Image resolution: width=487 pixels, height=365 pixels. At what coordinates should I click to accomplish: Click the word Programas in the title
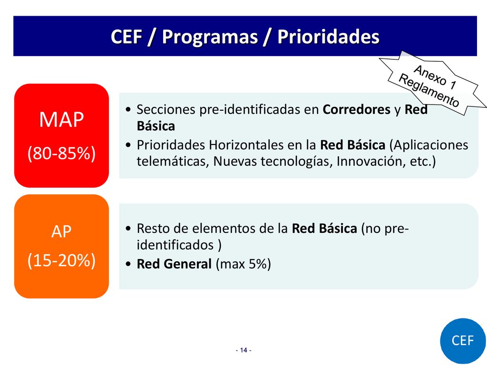pyautogui.click(x=210, y=37)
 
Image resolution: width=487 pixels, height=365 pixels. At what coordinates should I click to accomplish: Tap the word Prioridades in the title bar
pyautogui.click(x=328, y=36)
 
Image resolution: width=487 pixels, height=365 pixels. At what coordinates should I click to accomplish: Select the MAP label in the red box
pyautogui.click(x=61, y=119)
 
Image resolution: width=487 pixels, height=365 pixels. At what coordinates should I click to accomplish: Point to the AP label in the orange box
pyautogui.click(x=61, y=231)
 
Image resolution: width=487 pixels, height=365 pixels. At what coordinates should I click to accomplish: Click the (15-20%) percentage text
pyautogui.click(x=61, y=260)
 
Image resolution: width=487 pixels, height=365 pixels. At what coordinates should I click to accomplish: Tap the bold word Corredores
pyautogui.click(x=357, y=110)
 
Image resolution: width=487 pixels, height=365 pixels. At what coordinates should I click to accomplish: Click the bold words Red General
pyautogui.click(x=174, y=264)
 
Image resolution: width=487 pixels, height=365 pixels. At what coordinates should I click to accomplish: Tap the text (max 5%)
pyautogui.click(x=243, y=264)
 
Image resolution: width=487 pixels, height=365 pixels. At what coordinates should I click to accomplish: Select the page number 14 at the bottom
pyautogui.click(x=244, y=350)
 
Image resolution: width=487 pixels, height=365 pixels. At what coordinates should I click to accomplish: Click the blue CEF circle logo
pyautogui.click(x=463, y=341)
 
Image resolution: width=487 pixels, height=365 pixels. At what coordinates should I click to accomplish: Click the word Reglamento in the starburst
pyautogui.click(x=429, y=90)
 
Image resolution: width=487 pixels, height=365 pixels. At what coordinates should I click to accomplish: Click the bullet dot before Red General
pyautogui.click(x=128, y=264)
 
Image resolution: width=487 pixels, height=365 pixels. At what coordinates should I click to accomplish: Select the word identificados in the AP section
pyautogui.click(x=175, y=245)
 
